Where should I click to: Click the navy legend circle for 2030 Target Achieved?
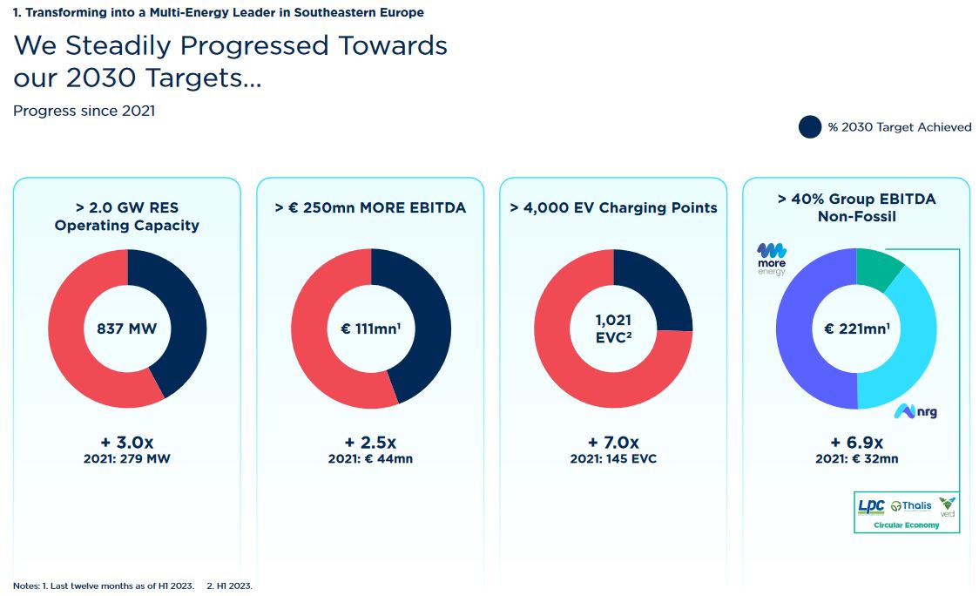click(810, 127)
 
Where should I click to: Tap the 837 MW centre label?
click(127, 328)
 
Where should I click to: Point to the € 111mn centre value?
click(370, 328)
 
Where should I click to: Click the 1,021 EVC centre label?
click(613, 328)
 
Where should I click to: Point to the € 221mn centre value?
click(857, 328)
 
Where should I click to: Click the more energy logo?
click(772, 260)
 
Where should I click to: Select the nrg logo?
click(915, 411)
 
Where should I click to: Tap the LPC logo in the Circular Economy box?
click(871, 506)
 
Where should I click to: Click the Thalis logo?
click(912, 506)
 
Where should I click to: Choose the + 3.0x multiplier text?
click(127, 443)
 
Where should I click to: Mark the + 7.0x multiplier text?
click(613, 443)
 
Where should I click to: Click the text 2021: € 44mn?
click(370, 458)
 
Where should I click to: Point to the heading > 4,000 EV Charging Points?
click(614, 207)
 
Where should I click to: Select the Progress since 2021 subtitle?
click(84, 112)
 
